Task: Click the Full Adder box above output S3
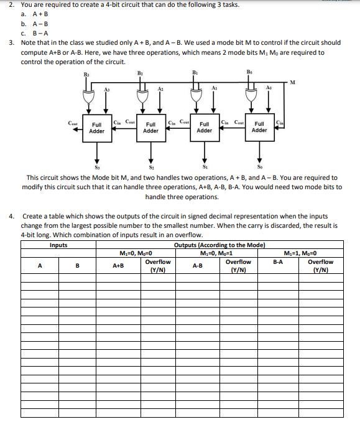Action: [x=96, y=128]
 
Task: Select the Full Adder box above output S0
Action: [x=259, y=127]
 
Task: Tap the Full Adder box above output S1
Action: [x=205, y=128]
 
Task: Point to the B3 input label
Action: [x=85, y=74]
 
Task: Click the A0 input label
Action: [x=269, y=90]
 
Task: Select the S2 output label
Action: [x=150, y=167]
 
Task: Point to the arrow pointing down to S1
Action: [x=205, y=153]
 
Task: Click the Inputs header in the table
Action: [x=58, y=245]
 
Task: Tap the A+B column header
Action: [x=118, y=265]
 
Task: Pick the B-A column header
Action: [x=278, y=262]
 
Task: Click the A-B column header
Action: [x=197, y=265]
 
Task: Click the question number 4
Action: [x=12, y=216]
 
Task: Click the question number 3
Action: [x=12, y=42]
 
